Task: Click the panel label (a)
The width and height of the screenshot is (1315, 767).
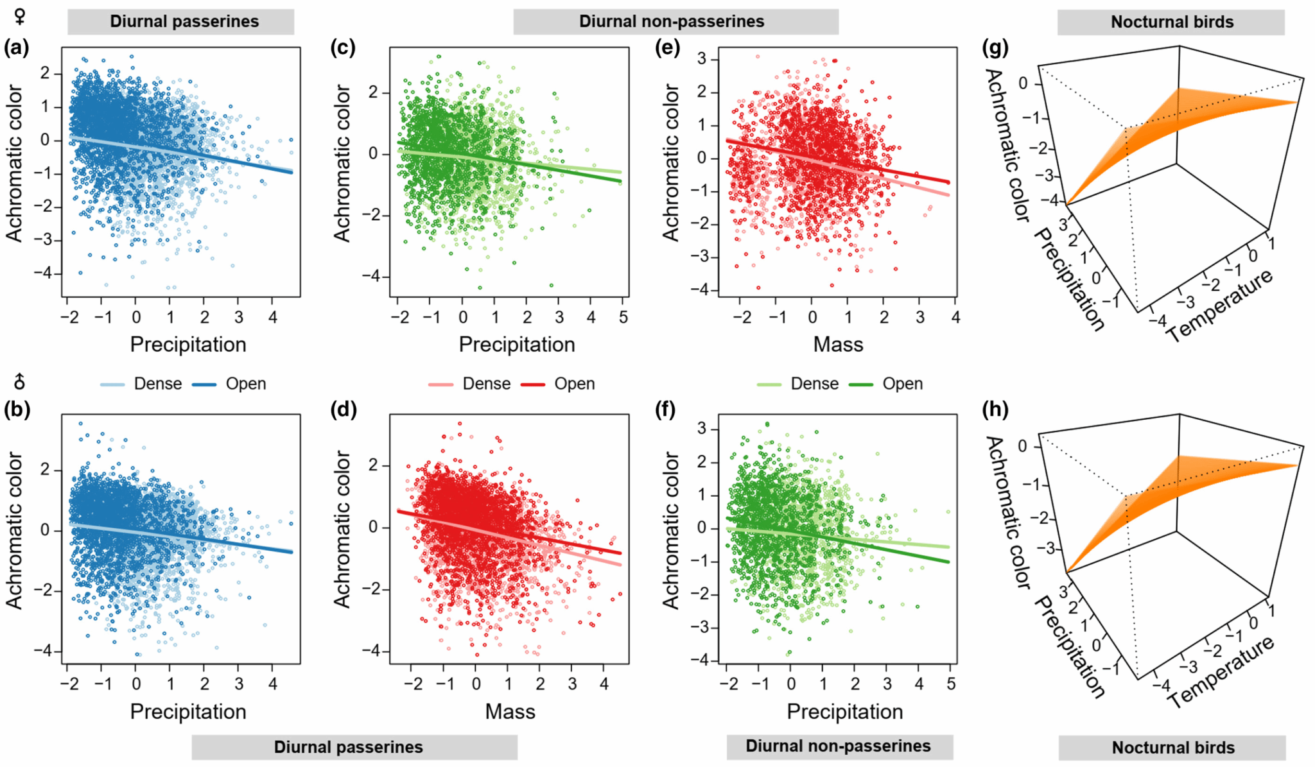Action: point(17,48)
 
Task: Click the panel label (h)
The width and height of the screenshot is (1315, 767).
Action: point(995,409)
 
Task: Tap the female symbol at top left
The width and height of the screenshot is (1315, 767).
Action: point(20,15)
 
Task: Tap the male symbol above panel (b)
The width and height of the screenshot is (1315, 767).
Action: point(20,383)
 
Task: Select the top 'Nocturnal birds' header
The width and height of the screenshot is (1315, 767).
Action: point(1172,22)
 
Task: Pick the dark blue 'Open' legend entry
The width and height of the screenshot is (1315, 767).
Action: point(245,384)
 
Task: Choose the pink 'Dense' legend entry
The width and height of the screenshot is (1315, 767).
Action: point(486,384)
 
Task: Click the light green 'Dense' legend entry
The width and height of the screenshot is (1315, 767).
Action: point(814,384)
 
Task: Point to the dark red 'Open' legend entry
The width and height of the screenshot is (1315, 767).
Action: point(574,384)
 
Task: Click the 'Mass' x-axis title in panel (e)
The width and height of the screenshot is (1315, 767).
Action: point(838,345)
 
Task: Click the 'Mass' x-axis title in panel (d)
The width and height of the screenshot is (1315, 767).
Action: point(510,712)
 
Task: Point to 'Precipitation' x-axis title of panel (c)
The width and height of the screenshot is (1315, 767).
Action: point(517,345)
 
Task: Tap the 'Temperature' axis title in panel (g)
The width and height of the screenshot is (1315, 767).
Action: point(1219,306)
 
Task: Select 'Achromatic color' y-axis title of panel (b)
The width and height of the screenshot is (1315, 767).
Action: point(14,530)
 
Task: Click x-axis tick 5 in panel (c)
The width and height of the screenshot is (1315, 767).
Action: point(623,317)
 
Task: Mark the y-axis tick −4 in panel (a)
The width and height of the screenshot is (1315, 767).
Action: point(45,275)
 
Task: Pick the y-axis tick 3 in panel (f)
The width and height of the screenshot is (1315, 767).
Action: point(702,429)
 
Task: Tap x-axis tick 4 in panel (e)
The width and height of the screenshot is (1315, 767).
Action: point(955,317)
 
